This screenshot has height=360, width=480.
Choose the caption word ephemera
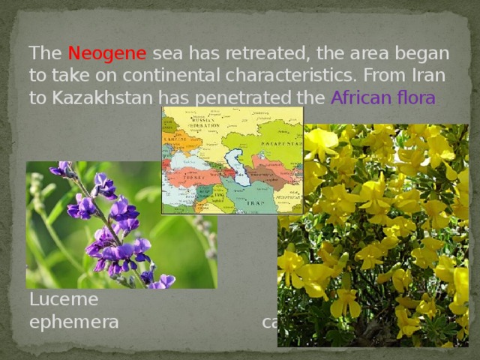(x=73, y=322)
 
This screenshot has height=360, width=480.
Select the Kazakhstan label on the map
(x=268, y=139)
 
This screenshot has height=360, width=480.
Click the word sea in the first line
(x=171, y=55)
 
